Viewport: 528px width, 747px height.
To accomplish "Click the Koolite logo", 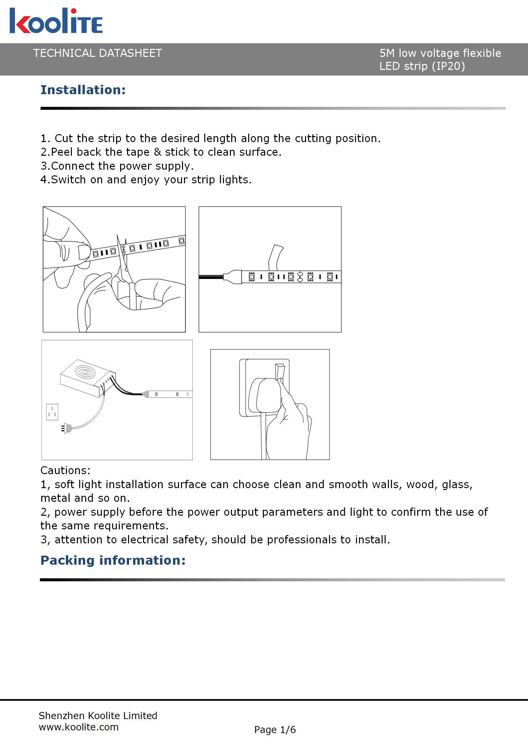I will [x=56, y=21].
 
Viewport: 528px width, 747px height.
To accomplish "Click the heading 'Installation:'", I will [x=83, y=90].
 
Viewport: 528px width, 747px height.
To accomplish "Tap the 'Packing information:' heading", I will [x=113, y=560].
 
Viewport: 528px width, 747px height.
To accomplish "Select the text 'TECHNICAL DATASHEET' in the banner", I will [x=97, y=53].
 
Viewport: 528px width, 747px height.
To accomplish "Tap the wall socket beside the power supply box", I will [x=52, y=412].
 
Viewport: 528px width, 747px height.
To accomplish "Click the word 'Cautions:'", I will [x=65, y=470].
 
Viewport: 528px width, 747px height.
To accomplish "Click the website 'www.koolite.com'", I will [x=79, y=727].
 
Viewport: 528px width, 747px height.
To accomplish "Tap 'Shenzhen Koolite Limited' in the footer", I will [x=98, y=716].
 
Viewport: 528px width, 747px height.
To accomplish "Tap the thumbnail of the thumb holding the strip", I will [x=84, y=252].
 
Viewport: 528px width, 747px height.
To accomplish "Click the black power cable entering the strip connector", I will [x=211, y=277].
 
